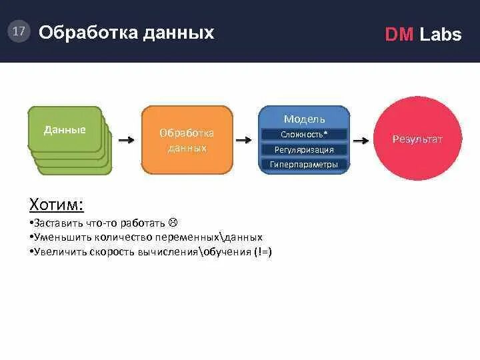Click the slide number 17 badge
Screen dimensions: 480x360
pos(19,31)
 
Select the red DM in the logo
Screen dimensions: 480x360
pos(399,35)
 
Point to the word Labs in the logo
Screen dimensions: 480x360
pos(440,35)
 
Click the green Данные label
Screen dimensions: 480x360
pos(65,130)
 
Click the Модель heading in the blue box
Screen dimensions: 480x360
pos(304,119)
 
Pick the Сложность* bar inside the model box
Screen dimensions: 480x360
pos(304,135)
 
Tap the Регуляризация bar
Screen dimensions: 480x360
pos(304,149)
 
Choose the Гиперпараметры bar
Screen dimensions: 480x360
pos(304,164)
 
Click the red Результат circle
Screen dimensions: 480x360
pos(417,139)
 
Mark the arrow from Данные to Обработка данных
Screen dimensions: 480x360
pos(126,140)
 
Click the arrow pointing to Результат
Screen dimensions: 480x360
pos(361,141)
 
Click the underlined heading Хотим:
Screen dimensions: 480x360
pos(57,204)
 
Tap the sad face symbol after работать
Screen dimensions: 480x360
pos(172,223)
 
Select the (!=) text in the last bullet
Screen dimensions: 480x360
pos(262,252)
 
